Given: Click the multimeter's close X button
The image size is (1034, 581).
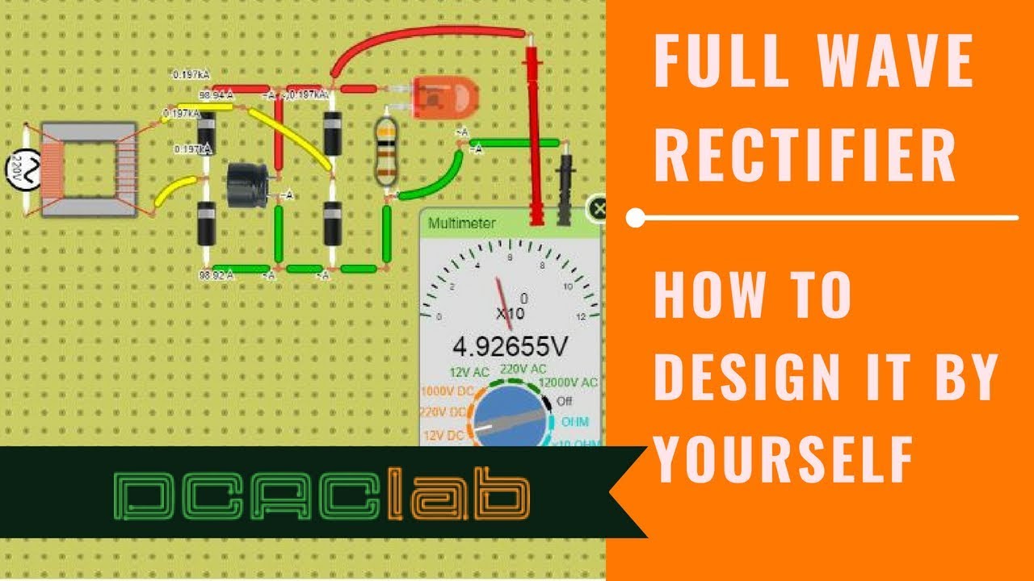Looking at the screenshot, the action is point(598,209).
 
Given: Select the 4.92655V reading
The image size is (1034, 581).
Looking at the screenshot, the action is point(510,347).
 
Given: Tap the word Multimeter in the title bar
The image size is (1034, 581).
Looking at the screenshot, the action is point(462,223).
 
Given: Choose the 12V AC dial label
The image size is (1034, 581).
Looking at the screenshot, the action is point(469,374).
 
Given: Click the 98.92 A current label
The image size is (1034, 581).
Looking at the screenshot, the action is point(216,275).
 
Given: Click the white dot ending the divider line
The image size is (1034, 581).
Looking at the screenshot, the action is point(636,217).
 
